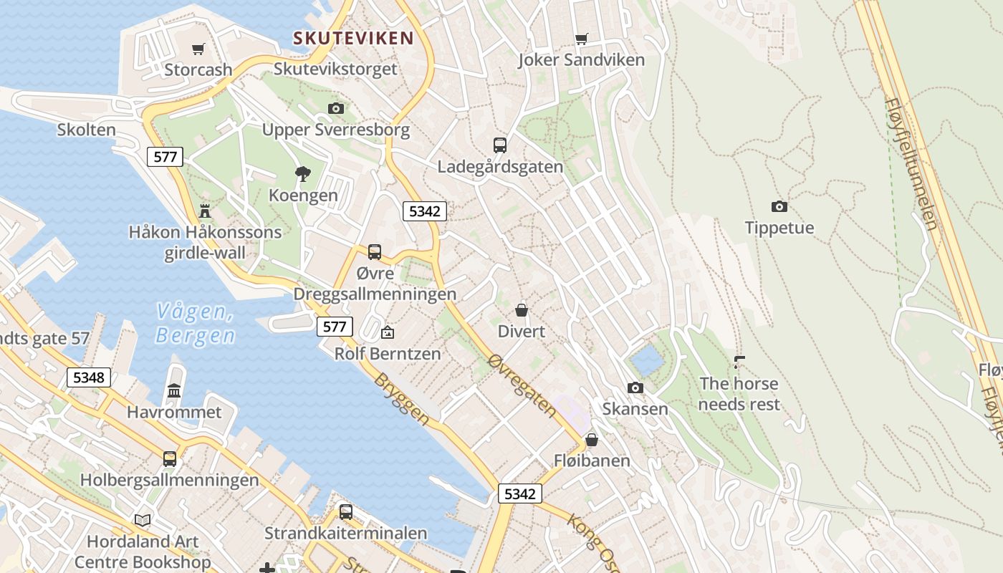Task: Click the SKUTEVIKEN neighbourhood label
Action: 353,38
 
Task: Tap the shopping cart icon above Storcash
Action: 198,49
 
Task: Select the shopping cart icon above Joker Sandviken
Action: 582,39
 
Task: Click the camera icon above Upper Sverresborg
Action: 335,108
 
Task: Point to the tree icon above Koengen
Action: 303,173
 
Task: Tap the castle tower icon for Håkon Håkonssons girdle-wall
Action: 206,211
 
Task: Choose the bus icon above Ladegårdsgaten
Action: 500,145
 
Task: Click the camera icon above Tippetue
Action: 779,206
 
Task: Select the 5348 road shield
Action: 89,377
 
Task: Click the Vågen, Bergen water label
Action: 195,323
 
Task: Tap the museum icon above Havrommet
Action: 174,390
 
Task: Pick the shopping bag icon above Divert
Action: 522,310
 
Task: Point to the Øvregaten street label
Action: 522,385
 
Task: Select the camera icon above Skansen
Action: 635,387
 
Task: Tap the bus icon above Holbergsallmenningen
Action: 170,458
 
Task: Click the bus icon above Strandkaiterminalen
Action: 346,511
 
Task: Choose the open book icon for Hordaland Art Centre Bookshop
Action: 143,520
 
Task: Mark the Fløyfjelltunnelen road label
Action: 911,164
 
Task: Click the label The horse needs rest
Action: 739,393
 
